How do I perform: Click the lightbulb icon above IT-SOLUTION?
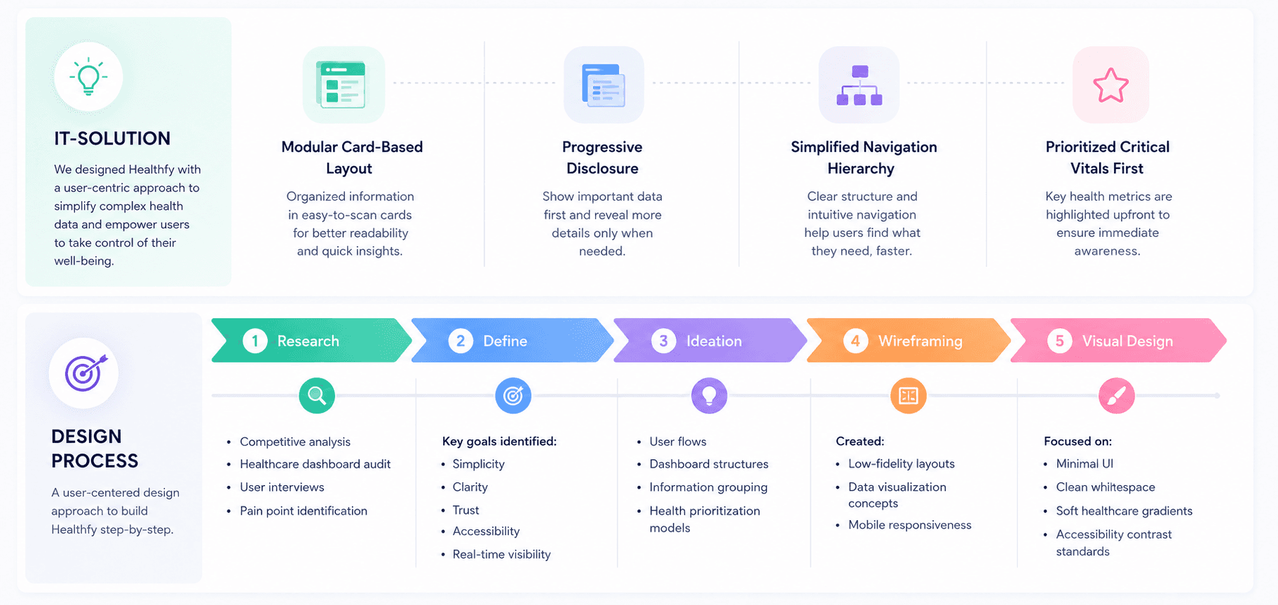click(88, 76)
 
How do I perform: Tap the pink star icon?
click(1110, 85)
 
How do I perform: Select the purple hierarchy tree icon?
click(859, 85)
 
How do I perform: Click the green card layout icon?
click(342, 85)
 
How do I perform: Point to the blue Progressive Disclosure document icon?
click(603, 85)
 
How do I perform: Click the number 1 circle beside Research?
click(255, 341)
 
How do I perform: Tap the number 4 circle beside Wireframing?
click(855, 341)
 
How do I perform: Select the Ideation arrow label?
click(714, 341)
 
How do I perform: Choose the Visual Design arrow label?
click(1127, 341)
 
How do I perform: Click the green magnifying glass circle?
click(317, 395)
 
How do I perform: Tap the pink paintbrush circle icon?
click(1116, 395)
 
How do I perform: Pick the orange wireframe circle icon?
click(909, 395)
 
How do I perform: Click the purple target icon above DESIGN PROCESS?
click(84, 373)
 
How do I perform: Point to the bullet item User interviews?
click(282, 487)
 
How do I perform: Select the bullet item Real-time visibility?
click(502, 555)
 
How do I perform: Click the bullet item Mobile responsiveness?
click(910, 525)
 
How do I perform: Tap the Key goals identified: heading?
click(499, 442)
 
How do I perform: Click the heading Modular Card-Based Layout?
click(352, 158)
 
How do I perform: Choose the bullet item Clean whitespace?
click(1106, 487)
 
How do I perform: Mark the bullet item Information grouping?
click(708, 487)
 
